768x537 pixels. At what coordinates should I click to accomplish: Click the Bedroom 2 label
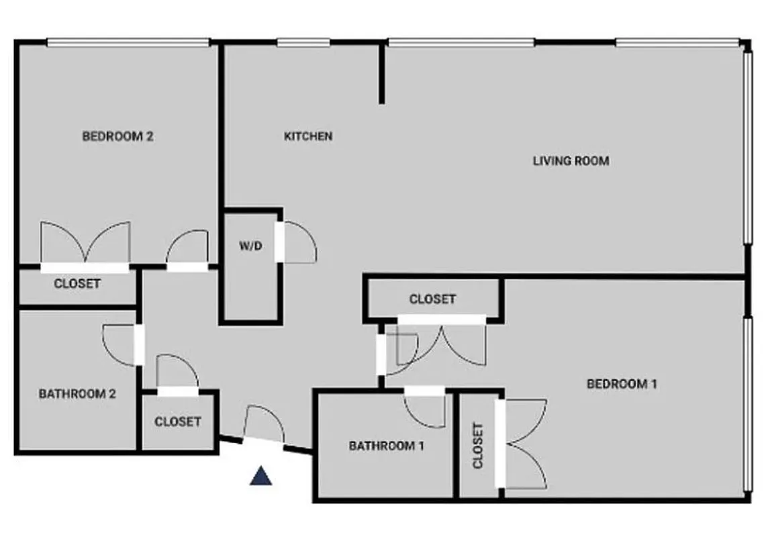[117, 136]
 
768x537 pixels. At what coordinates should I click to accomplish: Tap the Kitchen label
[308, 136]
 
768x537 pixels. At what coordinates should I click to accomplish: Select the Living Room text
[571, 161]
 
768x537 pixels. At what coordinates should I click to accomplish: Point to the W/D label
[250, 246]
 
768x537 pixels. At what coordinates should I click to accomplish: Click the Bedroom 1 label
[622, 384]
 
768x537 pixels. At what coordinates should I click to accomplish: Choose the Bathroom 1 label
[387, 445]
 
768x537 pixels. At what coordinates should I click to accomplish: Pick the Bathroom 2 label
[77, 393]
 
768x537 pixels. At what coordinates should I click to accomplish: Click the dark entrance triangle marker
[260, 476]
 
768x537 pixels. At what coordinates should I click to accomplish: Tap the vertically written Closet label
[478, 446]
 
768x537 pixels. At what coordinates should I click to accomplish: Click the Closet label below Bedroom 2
[77, 283]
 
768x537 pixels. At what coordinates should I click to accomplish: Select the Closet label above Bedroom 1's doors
[432, 299]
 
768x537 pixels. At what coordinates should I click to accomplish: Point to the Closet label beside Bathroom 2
[177, 422]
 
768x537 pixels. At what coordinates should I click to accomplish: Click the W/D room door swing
[299, 242]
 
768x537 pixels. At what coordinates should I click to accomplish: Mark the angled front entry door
[263, 425]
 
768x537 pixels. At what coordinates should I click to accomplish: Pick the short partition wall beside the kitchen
[381, 74]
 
